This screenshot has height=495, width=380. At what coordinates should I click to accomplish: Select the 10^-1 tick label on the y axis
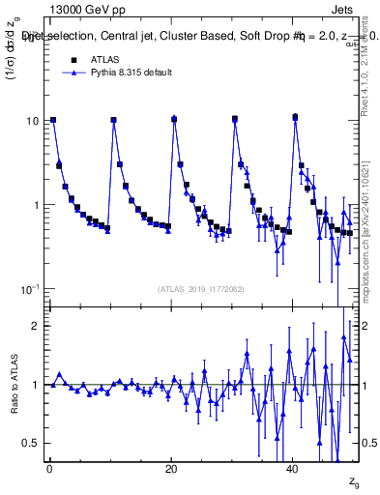pos(30,289)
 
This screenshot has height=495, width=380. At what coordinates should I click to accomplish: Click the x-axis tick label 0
pos(49,469)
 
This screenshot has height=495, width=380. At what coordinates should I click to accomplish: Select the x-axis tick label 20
pos(171,469)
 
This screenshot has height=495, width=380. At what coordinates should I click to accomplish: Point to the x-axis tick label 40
pos(293,469)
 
